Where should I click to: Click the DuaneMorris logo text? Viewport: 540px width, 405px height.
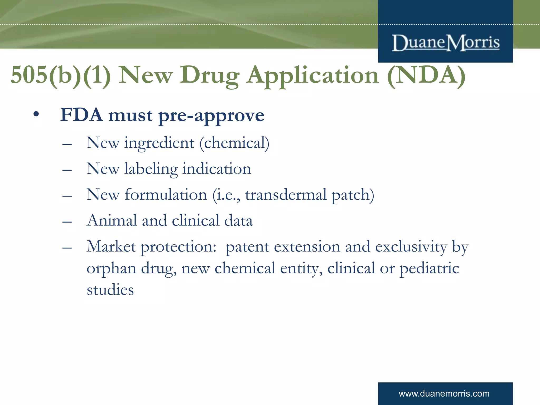click(x=446, y=43)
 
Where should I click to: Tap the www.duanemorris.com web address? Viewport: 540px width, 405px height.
click(x=444, y=394)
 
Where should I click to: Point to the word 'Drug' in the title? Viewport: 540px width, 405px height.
click(x=210, y=76)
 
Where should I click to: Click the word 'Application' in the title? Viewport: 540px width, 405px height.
click(x=313, y=76)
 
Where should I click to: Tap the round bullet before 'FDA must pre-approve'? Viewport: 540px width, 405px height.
click(x=36, y=115)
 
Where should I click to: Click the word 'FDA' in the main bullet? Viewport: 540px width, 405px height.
click(x=81, y=115)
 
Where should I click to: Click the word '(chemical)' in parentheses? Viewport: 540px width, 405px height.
click(x=234, y=143)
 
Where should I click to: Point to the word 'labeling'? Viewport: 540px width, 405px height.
click(x=151, y=169)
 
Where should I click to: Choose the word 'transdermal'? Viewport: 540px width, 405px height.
click(x=286, y=195)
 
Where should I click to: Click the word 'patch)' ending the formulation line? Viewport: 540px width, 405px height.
click(x=353, y=195)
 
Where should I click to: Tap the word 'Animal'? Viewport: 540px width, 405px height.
click(x=112, y=220)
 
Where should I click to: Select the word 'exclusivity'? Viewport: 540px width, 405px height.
click(x=411, y=247)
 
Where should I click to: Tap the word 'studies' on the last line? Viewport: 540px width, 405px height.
click(x=110, y=290)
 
